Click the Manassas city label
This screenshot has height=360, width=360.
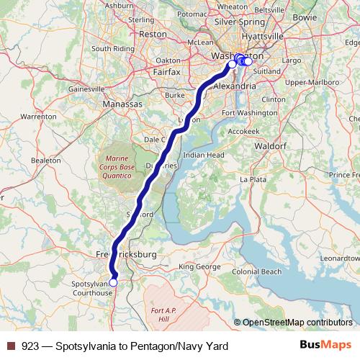click(122, 104)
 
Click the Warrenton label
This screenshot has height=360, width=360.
click(38, 116)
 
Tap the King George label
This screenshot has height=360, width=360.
click(197, 267)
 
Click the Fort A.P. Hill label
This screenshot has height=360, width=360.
click(163, 314)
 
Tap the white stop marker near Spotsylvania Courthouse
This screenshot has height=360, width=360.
click(113, 282)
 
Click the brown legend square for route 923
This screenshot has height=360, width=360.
click(10, 346)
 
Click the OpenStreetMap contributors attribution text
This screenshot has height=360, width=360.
click(297, 323)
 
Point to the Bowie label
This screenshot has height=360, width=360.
click(325, 16)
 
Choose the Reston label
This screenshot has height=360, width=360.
click(153, 34)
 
